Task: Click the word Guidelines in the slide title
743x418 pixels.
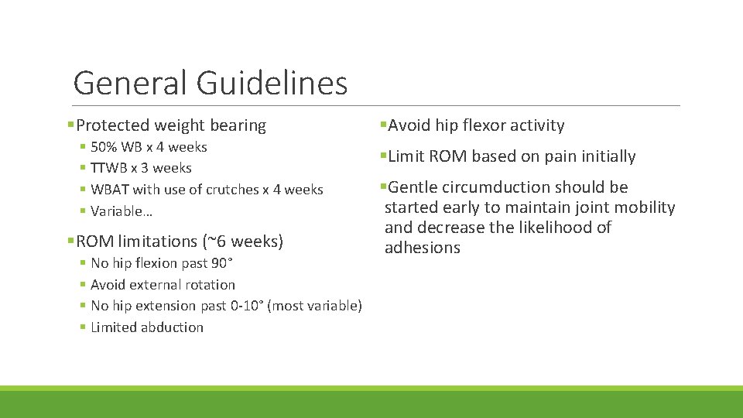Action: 272,83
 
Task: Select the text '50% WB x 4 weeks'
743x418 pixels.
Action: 149,146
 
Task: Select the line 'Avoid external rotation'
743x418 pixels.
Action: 163,285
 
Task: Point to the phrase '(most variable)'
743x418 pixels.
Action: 314,306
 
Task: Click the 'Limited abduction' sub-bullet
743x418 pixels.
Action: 147,327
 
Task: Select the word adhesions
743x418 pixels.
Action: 422,248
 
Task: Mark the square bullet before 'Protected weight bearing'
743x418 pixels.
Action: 71,125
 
